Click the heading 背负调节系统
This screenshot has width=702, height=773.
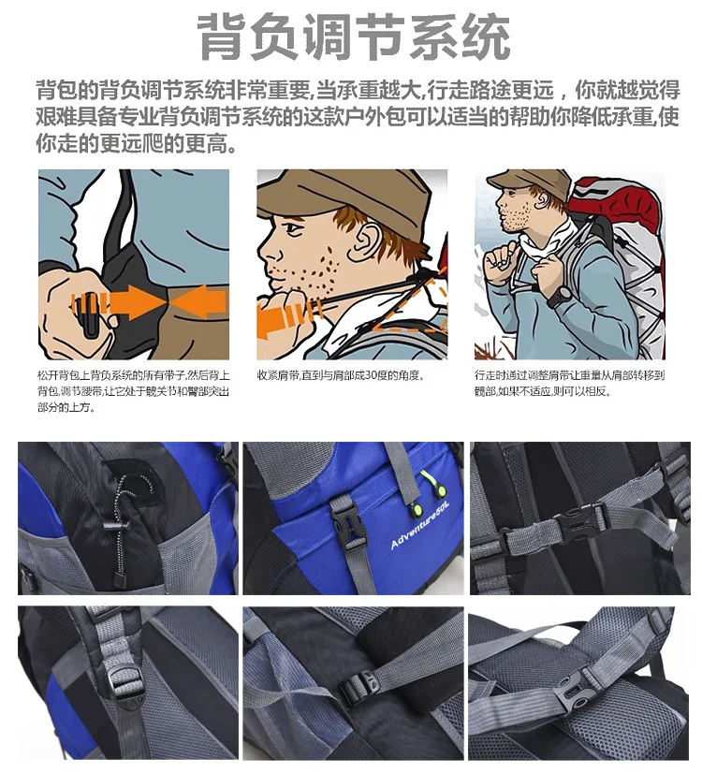[x=354, y=37]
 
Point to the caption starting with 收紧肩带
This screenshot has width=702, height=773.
[x=340, y=375]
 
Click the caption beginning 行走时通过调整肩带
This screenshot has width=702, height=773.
[x=569, y=383]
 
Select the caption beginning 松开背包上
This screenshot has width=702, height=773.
[x=134, y=391]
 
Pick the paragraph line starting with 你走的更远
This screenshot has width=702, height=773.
[x=136, y=143]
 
